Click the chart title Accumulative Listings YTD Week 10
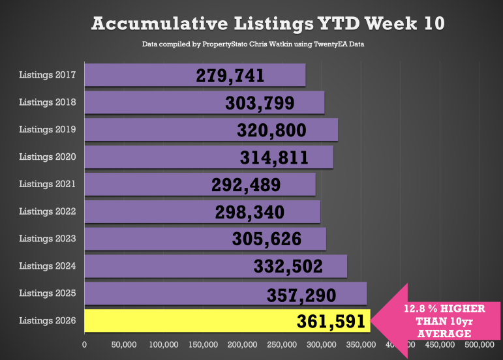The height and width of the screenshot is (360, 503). pyautogui.click(x=268, y=24)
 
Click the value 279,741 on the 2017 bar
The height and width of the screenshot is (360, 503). pyautogui.click(x=230, y=76)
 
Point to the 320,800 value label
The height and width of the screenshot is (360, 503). pyautogui.click(x=271, y=130)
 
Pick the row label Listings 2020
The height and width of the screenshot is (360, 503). pyautogui.click(x=48, y=157)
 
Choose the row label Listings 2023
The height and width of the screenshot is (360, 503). pyautogui.click(x=48, y=239)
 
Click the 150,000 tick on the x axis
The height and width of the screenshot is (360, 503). pyautogui.click(x=203, y=344)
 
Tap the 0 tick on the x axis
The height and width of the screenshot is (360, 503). pyautogui.click(x=84, y=344)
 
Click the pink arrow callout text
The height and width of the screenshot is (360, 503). pyautogui.click(x=437, y=320)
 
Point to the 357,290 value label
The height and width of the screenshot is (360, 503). pyautogui.click(x=301, y=295)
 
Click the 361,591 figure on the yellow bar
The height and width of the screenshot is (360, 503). pyautogui.click(x=331, y=322)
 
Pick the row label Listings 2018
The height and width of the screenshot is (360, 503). pyautogui.click(x=48, y=102)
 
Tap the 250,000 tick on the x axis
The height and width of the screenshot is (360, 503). pyautogui.click(x=282, y=344)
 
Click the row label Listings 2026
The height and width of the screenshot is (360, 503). pyautogui.click(x=48, y=320)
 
